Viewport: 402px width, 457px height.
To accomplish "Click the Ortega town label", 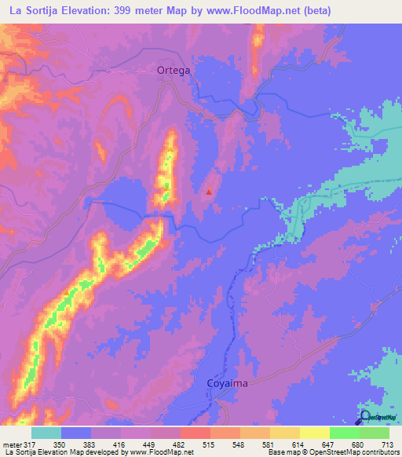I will coord(174,69).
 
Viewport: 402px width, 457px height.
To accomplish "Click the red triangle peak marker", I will coord(209,190).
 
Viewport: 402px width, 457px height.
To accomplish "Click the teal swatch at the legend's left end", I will coord(46,433).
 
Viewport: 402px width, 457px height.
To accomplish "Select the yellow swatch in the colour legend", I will coord(314,433).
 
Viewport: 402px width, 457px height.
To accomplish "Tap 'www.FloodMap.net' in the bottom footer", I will coord(157,452).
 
